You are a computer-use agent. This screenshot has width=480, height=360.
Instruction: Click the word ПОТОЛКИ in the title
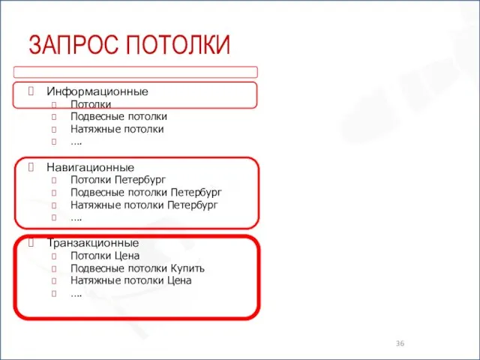[x=178, y=46]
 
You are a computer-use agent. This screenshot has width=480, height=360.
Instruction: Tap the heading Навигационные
[x=90, y=167]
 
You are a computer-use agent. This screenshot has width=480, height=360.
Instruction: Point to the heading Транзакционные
[x=92, y=243]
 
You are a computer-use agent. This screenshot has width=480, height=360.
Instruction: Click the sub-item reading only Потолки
[x=91, y=104]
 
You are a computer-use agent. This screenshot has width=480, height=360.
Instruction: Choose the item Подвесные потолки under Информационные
[x=118, y=116]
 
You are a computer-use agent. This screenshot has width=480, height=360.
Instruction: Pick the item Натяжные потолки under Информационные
[x=117, y=129]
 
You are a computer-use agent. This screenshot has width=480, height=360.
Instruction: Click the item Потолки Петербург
[x=118, y=180]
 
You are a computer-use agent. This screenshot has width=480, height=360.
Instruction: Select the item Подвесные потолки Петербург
[x=145, y=192]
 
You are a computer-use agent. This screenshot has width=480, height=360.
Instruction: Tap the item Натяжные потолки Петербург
[x=144, y=205]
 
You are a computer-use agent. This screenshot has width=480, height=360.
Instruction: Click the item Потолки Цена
[x=105, y=256]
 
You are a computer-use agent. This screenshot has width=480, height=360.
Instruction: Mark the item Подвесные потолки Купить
[x=137, y=268]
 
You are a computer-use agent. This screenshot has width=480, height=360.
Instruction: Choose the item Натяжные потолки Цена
[x=130, y=280]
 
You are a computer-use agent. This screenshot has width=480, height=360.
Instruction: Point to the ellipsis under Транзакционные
[x=76, y=293]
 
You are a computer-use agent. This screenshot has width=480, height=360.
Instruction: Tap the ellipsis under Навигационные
[x=76, y=217]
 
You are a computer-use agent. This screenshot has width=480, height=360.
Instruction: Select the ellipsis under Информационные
[x=76, y=141]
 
